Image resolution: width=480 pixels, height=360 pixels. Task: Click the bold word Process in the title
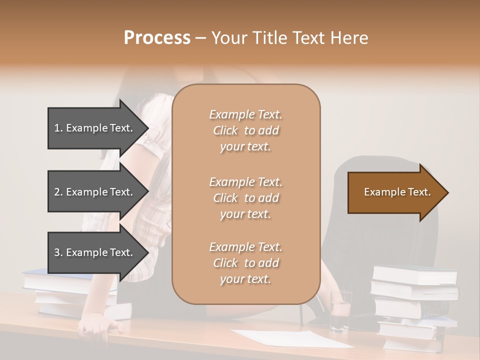pos(157,38)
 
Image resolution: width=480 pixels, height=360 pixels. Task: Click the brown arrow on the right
pos(395,192)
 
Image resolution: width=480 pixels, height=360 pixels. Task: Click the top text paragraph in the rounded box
pos(245,130)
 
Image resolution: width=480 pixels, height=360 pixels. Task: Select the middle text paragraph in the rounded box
pos(245,198)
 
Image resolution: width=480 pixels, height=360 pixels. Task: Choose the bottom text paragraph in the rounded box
pos(245,263)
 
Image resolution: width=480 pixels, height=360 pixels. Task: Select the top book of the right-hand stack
pos(415,274)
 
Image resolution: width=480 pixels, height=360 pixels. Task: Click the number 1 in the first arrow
pos(57,128)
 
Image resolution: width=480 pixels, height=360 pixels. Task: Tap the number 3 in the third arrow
pos(57,252)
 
